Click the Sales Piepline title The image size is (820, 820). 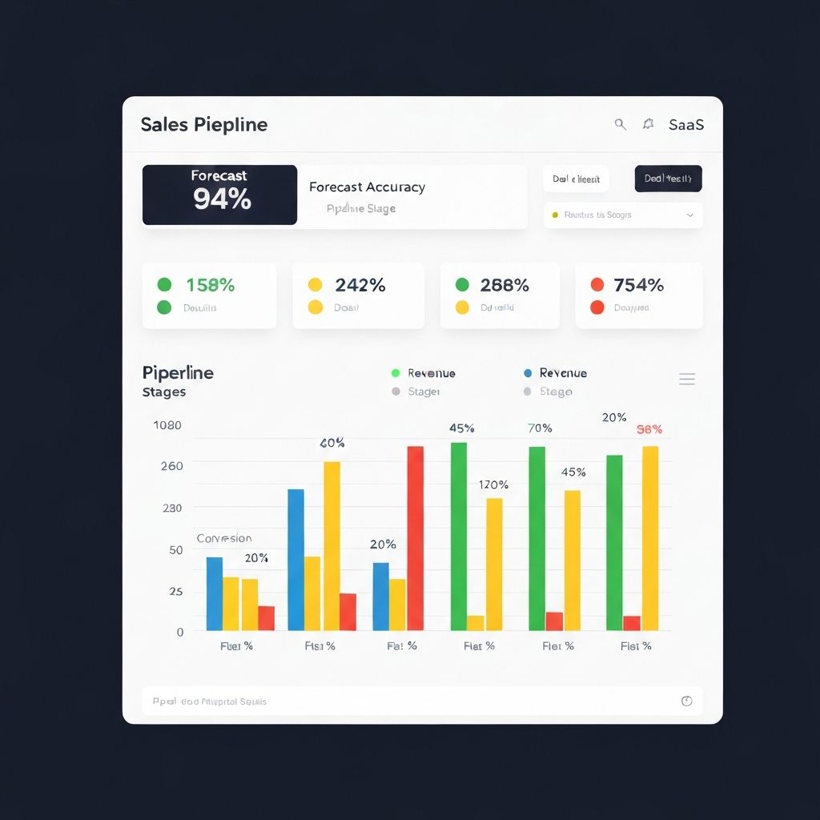[204, 125]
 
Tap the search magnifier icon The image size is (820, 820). [620, 124]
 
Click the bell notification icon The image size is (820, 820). [648, 124]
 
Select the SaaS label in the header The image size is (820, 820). [686, 125]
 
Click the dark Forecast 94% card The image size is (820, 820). [219, 195]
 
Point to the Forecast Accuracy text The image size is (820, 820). [367, 187]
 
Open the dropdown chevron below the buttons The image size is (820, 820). [689, 215]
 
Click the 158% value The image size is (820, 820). [210, 285]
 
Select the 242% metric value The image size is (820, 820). [360, 285]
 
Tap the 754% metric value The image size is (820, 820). [638, 285]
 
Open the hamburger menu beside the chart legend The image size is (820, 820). [686, 380]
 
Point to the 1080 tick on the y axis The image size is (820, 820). [167, 425]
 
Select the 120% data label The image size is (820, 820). [493, 484]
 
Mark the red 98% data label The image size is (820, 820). [649, 429]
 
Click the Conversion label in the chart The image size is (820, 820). [224, 538]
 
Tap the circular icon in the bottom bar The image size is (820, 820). [686, 701]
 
